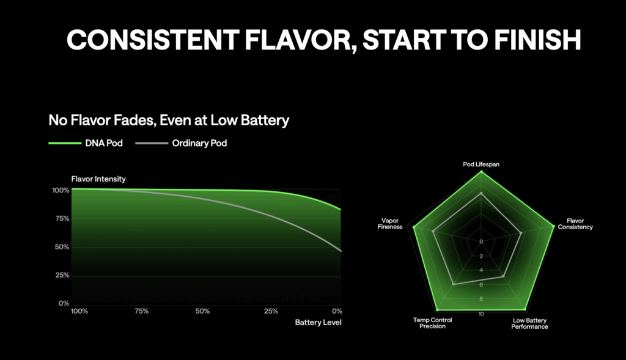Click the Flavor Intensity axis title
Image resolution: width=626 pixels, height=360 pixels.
[98, 179]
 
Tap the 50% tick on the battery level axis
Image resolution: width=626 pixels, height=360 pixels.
[202, 311]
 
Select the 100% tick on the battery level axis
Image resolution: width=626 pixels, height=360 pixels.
[79, 311]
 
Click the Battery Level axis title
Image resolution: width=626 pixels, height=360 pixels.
[318, 322]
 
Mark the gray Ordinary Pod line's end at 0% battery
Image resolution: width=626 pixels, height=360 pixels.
[341, 251]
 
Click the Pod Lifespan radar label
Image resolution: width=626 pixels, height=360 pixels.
[481, 164]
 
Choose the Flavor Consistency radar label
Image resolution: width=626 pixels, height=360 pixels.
[580, 224]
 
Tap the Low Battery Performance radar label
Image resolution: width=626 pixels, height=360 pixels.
[529, 323]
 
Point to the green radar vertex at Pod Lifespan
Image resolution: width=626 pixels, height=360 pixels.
[481, 172]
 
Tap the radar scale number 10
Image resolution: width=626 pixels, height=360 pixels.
[481, 314]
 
